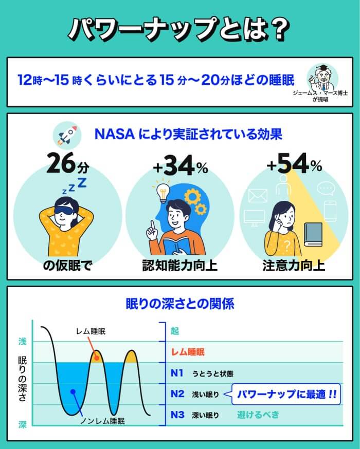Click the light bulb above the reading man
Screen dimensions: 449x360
(162, 193)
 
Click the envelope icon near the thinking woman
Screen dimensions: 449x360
(258, 196)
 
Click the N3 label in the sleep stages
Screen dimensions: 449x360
(177, 415)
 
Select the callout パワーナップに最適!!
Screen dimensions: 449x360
(287, 395)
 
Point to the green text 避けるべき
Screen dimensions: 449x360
(258, 415)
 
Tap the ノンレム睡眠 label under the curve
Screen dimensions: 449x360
(103, 421)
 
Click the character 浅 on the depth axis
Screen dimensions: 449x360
(22, 342)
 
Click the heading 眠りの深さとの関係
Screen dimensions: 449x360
(179, 304)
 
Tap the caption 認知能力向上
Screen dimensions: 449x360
(179, 266)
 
